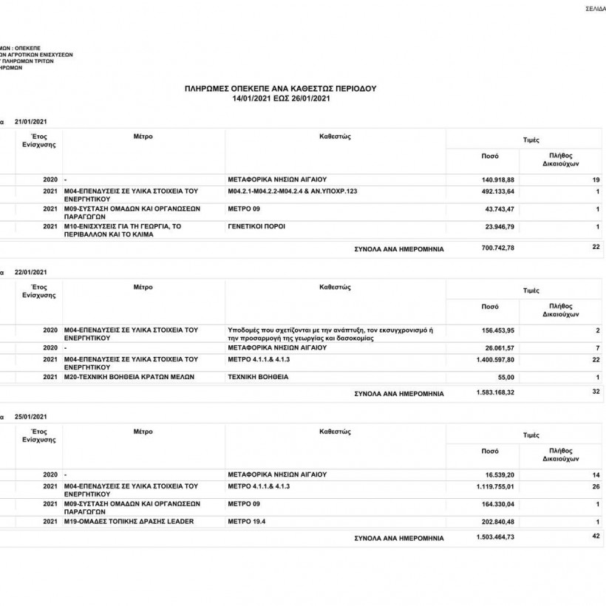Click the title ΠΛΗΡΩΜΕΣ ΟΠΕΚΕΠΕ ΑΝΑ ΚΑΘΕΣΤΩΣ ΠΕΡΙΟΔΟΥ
pos(280,88)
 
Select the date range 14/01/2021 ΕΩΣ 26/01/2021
pos(280,98)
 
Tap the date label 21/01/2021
pos(30,120)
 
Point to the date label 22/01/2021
pos(30,271)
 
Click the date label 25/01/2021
pos(30,417)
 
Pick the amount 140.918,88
pos(497,180)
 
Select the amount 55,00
pos(505,378)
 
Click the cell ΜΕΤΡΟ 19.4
pos(246,522)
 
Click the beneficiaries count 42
pos(596,537)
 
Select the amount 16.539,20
pos(499,474)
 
